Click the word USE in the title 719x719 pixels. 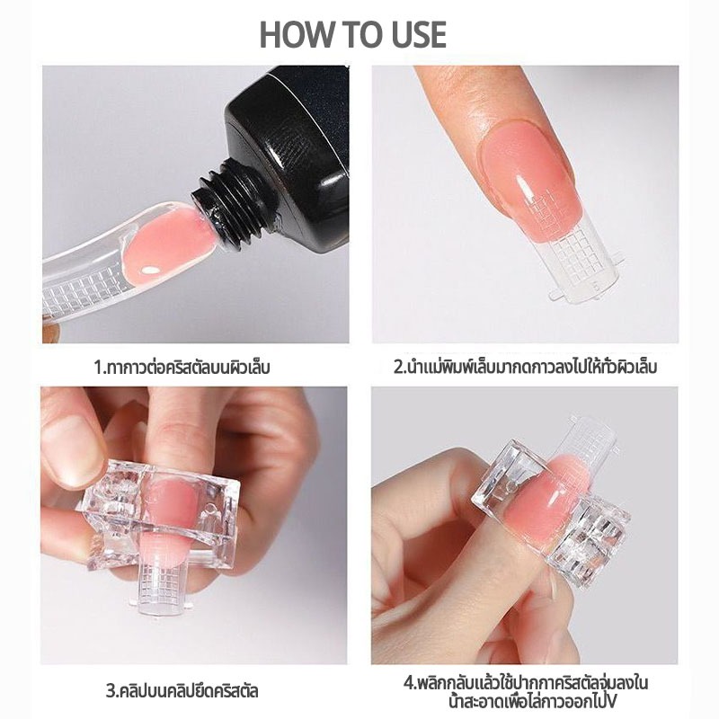pos(419,35)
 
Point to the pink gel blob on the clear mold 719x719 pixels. pos(169,243)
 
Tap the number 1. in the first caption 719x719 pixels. pos(101,368)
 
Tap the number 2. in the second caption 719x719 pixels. pos(399,368)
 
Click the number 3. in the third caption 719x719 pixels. pos(111,691)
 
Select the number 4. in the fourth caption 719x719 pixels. pos(410,684)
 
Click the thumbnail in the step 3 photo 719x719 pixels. pos(74,448)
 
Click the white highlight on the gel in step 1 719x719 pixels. pos(147,271)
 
